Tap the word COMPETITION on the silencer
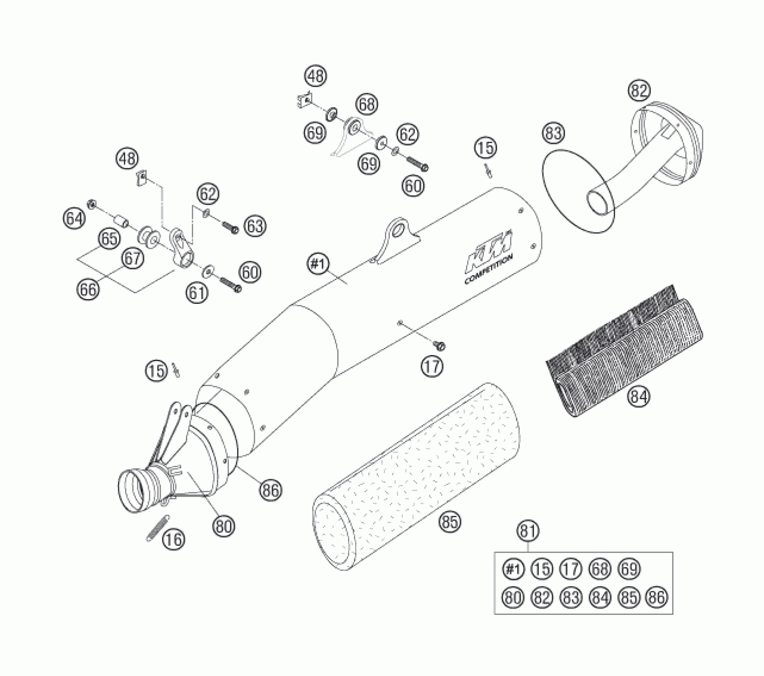tap(489, 269)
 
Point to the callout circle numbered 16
tap(174, 540)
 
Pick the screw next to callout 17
tap(440, 346)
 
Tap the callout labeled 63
tap(255, 226)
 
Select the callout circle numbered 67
tap(132, 258)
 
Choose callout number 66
tap(88, 289)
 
